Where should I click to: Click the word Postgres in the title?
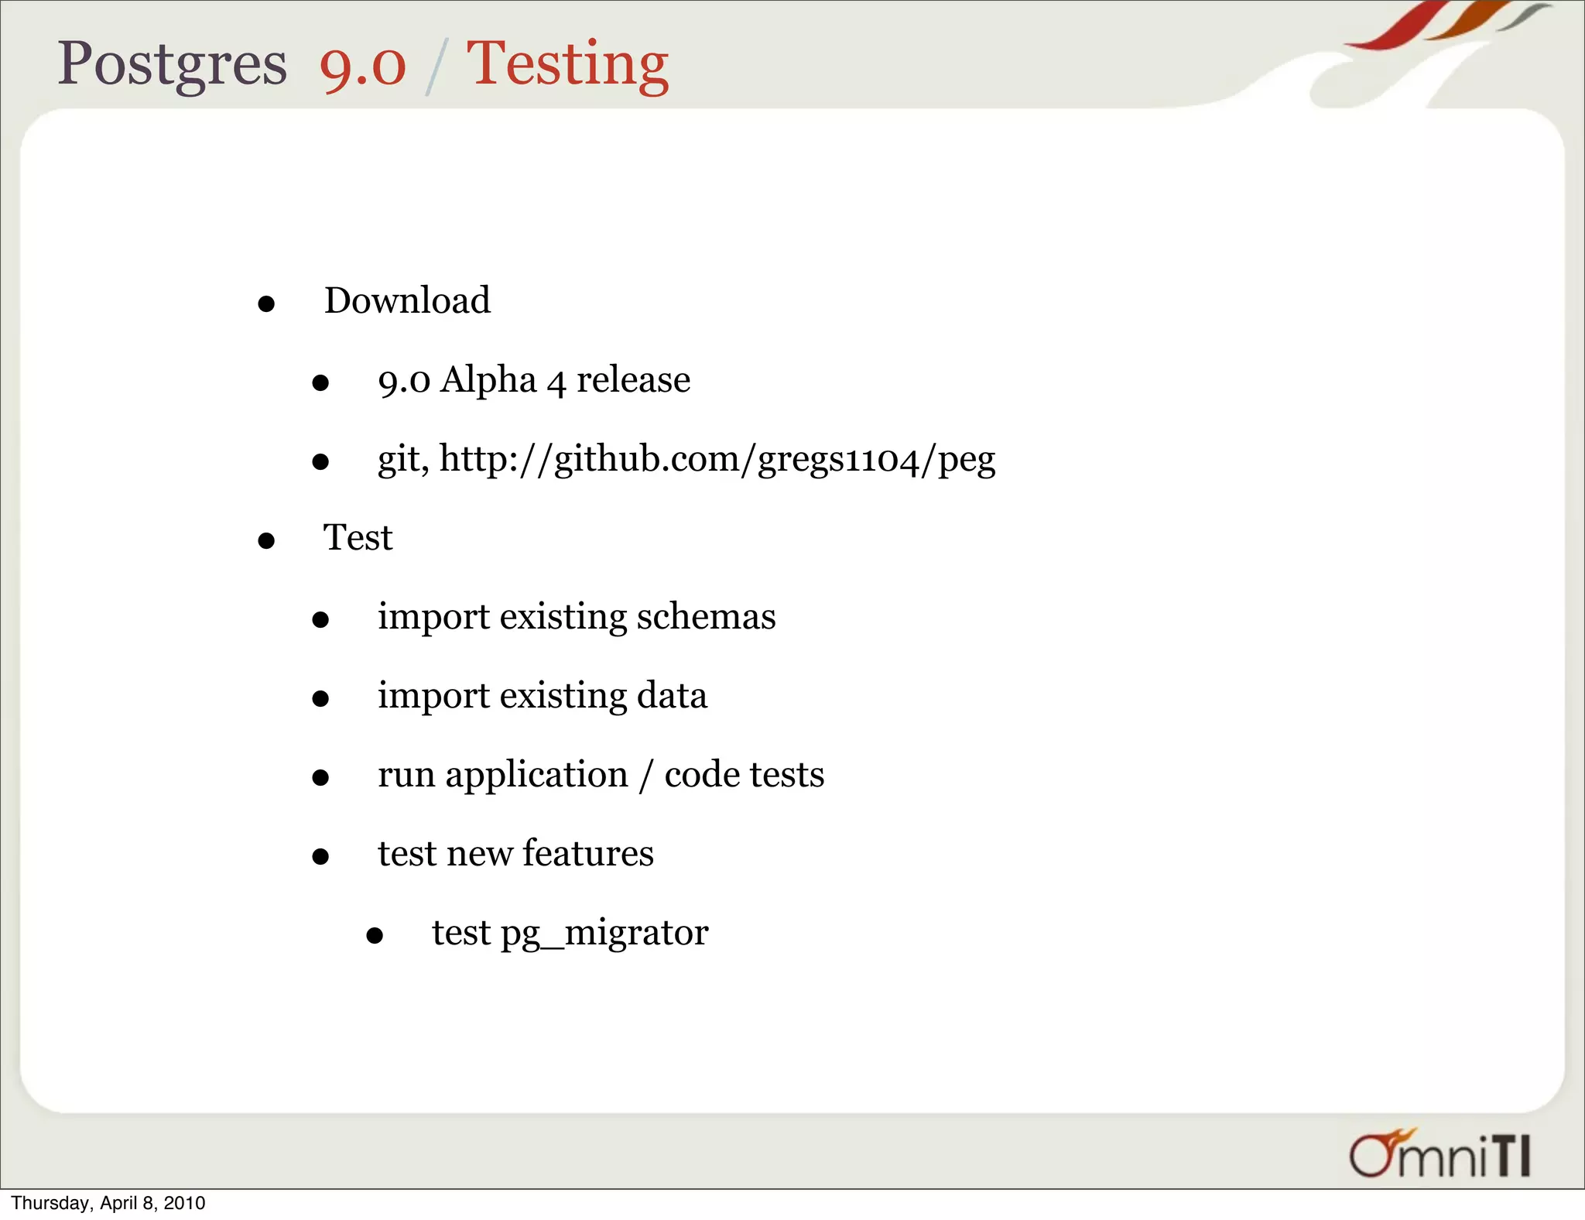click(172, 65)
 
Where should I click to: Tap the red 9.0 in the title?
click(362, 67)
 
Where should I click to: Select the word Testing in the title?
click(567, 67)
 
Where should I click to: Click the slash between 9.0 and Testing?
click(436, 68)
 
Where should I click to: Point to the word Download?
click(407, 300)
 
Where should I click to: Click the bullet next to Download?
click(266, 304)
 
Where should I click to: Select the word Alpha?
click(488, 380)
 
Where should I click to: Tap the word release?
click(633, 380)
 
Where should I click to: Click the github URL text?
click(717, 460)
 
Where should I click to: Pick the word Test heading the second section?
click(358, 537)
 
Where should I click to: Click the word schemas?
click(706, 617)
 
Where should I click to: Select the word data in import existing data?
click(672, 696)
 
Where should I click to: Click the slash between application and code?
click(646, 776)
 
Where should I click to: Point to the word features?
click(588, 854)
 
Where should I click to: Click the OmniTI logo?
click(1440, 1154)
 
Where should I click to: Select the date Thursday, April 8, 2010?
click(108, 1203)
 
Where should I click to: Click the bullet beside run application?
click(320, 778)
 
